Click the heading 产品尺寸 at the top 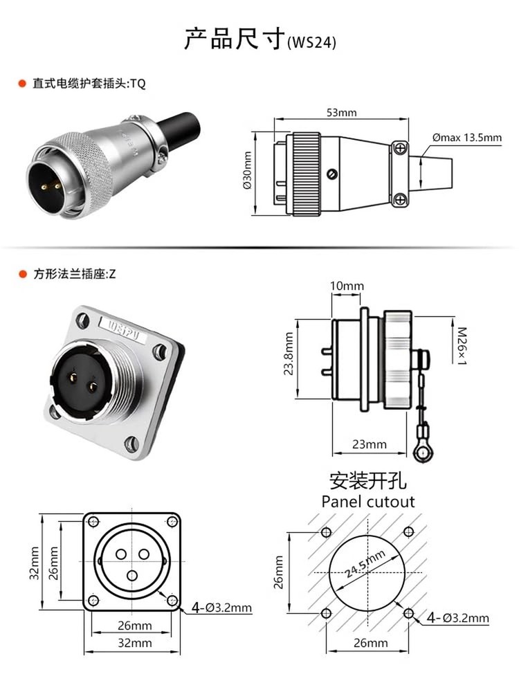(234, 39)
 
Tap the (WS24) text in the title (311, 42)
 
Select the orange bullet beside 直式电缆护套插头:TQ (22, 84)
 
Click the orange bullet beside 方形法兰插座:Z (22, 274)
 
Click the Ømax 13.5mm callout (466, 138)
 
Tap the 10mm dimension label (346, 286)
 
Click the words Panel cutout (368, 501)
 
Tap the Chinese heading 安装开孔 (368, 480)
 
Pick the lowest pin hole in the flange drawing (131, 574)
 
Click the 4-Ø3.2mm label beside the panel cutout (457, 618)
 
